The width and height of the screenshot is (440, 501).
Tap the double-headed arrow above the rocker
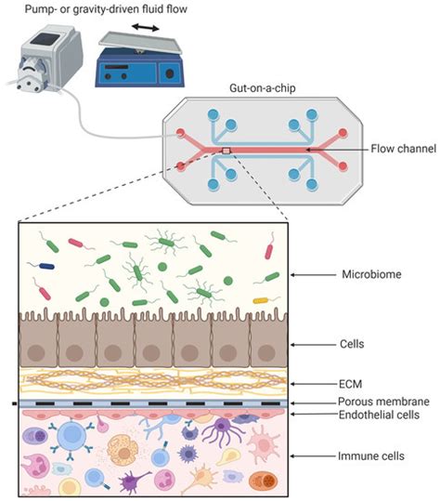tap(144, 28)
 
